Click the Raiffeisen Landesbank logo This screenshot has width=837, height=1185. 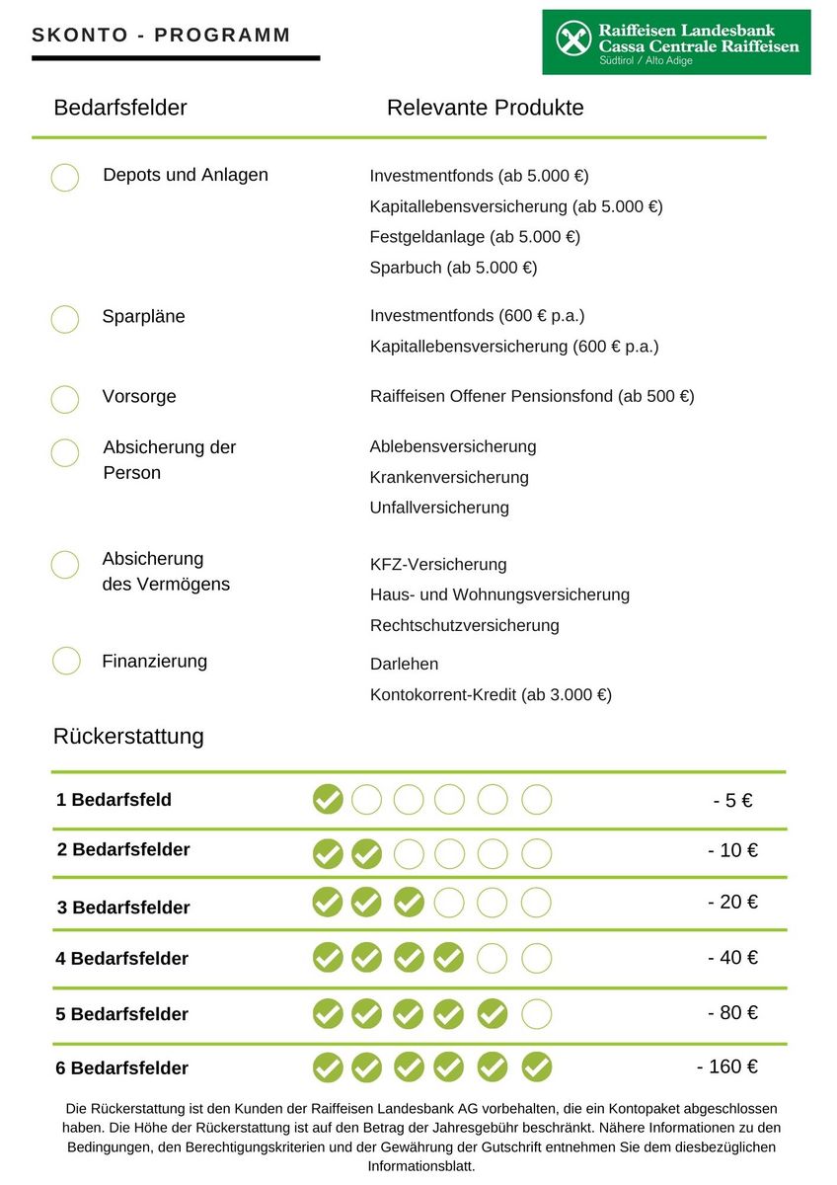[676, 42]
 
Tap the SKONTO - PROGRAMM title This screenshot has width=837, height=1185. [161, 36]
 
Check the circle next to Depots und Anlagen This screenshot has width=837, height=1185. [65, 178]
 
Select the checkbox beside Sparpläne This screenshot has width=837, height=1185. [65, 319]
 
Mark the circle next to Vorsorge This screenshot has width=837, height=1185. [65, 399]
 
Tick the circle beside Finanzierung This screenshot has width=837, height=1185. [66, 661]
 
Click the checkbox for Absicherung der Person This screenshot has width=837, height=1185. [65, 452]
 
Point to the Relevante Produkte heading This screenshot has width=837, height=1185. [485, 108]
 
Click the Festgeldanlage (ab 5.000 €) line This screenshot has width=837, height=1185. [475, 237]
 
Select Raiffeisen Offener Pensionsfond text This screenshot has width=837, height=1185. [532, 396]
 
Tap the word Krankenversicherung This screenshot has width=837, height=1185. [449, 477]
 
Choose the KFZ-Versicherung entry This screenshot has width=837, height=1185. [438, 565]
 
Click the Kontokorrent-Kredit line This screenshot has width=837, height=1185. [491, 694]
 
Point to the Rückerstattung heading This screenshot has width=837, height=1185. [128, 736]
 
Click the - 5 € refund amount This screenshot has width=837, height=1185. [732, 801]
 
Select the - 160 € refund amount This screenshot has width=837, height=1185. [727, 1066]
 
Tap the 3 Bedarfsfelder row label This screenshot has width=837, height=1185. [123, 908]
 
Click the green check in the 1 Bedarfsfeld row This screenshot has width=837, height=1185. [328, 799]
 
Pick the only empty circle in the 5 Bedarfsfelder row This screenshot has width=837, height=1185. [536, 1014]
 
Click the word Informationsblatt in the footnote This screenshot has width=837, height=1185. [421, 1166]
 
